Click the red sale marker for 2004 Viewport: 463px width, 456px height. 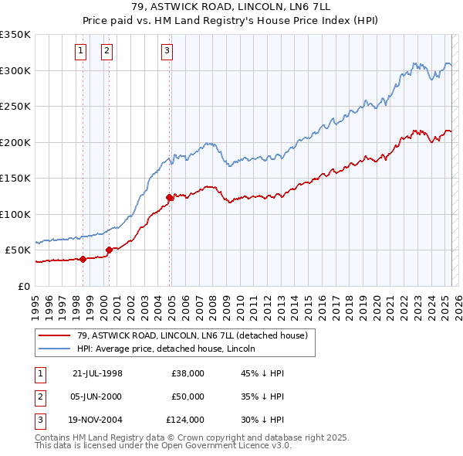click(x=169, y=197)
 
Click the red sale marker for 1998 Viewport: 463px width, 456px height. click(x=83, y=259)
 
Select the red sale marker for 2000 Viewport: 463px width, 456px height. click(x=109, y=250)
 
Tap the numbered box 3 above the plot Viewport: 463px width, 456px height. click(x=167, y=52)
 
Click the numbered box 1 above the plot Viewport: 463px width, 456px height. click(x=80, y=52)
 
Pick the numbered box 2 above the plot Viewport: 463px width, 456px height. click(x=106, y=52)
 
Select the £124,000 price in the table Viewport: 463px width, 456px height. click(x=186, y=420)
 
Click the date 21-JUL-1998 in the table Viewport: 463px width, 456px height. click(x=96, y=373)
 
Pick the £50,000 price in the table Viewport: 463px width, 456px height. click(x=188, y=396)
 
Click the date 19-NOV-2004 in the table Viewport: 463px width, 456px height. click(x=97, y=420)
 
